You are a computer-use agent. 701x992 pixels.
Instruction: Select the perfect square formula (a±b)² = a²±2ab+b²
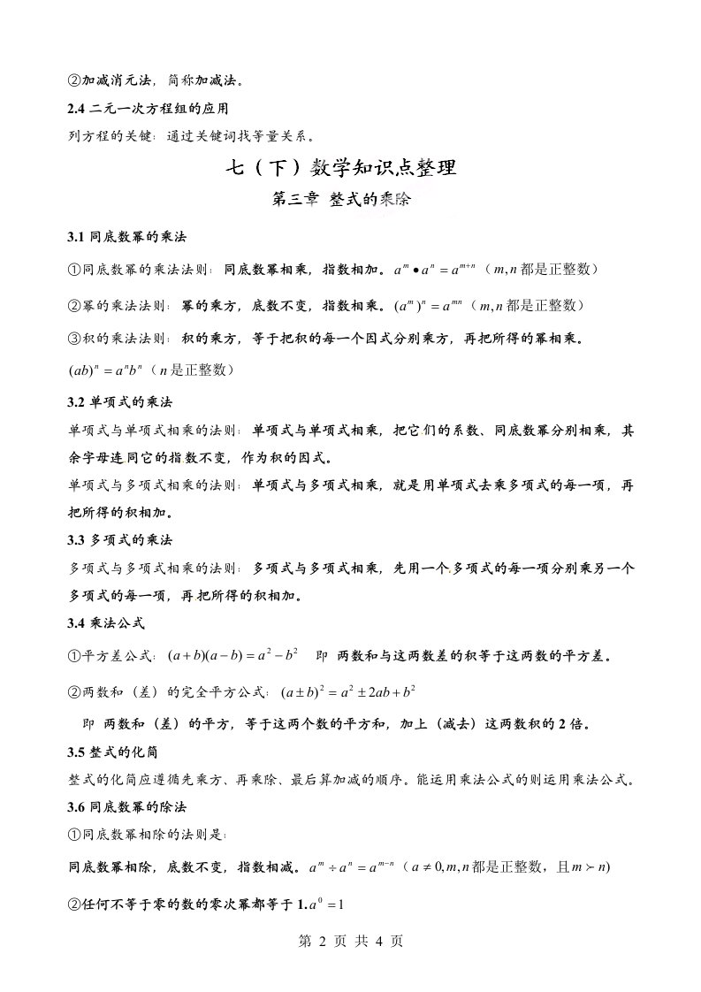349,691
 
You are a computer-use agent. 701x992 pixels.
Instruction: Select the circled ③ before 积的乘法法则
75,338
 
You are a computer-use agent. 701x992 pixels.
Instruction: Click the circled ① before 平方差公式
75,657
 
